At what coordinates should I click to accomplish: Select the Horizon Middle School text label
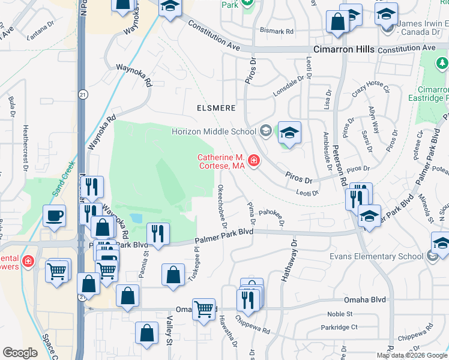tap(214, 131)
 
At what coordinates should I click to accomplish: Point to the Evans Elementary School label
tap(376, 256)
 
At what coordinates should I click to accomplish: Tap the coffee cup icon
tap(54, 215)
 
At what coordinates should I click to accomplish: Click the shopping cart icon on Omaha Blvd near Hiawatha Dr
tap(204, 310)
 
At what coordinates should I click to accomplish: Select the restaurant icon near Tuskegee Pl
tap(158, 235)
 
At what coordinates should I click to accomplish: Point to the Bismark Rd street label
tap(277, 31)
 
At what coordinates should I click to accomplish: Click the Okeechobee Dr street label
tap(222, 206)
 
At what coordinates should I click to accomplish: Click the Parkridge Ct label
tap(339, 328)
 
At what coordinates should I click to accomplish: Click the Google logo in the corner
tap(20, 353)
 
